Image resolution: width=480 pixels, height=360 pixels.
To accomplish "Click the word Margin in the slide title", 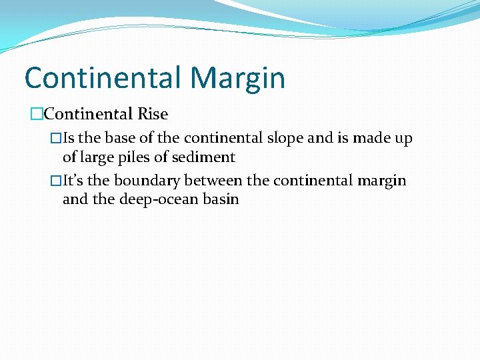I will pos(237,79).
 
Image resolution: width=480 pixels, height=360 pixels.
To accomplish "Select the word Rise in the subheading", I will pos(153,114).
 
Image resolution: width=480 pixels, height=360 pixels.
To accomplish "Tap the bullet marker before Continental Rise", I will pos(37,114).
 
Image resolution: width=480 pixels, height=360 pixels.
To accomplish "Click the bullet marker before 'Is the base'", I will pos(56,139).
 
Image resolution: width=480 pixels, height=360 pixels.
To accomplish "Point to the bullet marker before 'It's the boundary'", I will pos(56,181).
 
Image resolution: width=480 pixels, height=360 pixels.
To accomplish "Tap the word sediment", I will pos(203,157).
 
